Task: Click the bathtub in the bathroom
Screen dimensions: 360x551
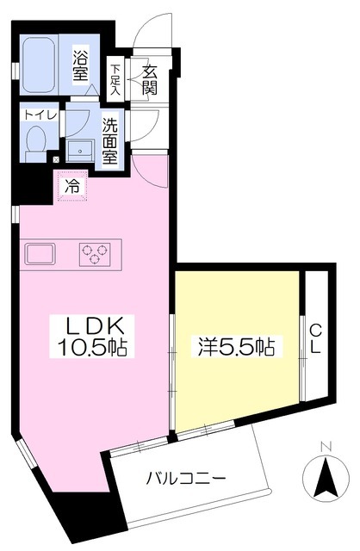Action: coord(39,65)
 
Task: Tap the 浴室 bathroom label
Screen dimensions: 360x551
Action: coord(80,65)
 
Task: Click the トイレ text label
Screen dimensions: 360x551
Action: coord(40,115)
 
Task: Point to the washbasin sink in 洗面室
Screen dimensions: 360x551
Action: coord(80,151)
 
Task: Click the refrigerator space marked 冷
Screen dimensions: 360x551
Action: coord(72,186)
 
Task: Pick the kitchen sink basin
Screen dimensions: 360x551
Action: coord(40,254)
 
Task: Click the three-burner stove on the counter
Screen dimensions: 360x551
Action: coord(95,255)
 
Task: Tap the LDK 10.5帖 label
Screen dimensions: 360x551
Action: coord(92,337)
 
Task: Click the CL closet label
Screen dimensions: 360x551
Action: coord(315,338)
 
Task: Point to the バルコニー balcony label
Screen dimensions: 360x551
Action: coord(186,479)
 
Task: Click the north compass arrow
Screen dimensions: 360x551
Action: coord(326,479)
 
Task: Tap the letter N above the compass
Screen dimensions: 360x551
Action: coord(326,447)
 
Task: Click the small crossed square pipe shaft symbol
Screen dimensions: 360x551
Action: coord(56,159)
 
